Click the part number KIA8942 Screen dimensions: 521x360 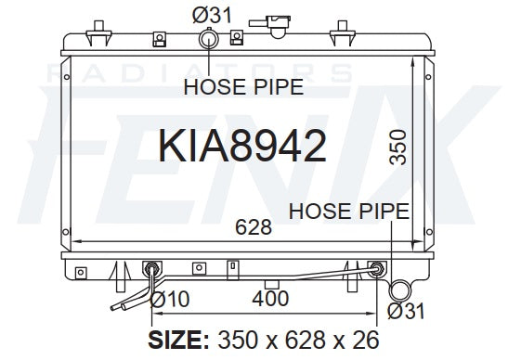coord(242,146)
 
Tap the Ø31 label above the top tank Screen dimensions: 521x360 coord(212,15)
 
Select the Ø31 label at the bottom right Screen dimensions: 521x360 coord(406,311)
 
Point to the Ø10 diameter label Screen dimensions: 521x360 coord(170,299)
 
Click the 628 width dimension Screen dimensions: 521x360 coord(254,227)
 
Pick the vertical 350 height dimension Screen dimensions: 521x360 coord(397,148)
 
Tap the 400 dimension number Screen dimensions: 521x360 coord(270,299)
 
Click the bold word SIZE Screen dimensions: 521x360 coord(178,340)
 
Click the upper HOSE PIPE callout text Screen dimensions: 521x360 coord(243,86)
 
